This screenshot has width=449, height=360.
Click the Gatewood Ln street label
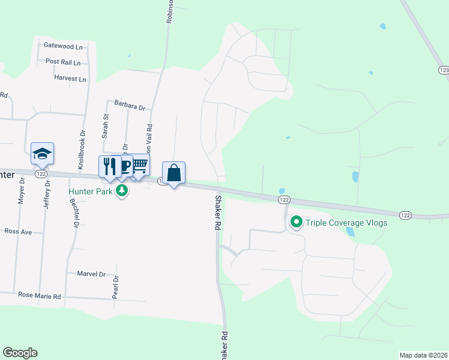[63, 46]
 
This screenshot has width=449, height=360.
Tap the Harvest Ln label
[70, 79]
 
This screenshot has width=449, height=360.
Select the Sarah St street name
[105, 127]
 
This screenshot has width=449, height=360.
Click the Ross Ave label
[18, 230]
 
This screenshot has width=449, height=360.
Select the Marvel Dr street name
[91, 274]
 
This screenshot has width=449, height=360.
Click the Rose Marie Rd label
[40, 296]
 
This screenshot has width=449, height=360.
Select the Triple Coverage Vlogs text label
[346, 223]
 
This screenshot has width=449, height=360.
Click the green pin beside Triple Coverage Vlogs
[296, 223]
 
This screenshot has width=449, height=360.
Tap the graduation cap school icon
[43, 154]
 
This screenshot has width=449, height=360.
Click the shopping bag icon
[173, 173]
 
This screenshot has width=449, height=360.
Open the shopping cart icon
[140, 165]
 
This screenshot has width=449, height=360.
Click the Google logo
[20, 353]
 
